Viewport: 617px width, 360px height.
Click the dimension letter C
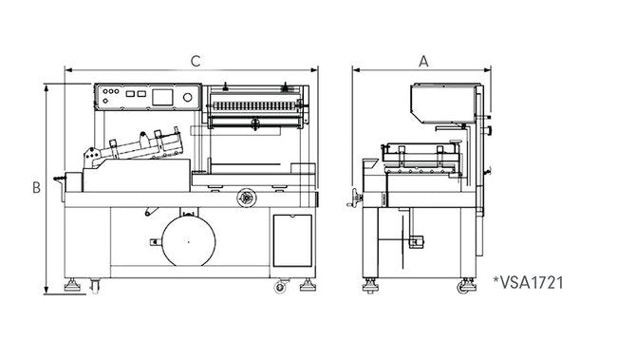click(196, 62)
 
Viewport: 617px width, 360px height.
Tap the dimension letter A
click(423, 62)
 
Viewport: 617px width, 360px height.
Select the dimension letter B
click(36, 187)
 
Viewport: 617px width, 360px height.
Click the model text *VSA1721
click(528, 283)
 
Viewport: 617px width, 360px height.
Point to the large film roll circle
click(189, 242)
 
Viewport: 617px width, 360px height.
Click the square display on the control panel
click(162, 97)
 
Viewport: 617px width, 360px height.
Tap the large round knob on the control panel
click(188, 97)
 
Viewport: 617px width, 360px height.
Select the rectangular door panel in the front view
click(292, 240)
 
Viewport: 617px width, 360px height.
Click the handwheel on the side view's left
click(355, 198)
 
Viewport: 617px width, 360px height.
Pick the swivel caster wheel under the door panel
click(280, 287)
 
